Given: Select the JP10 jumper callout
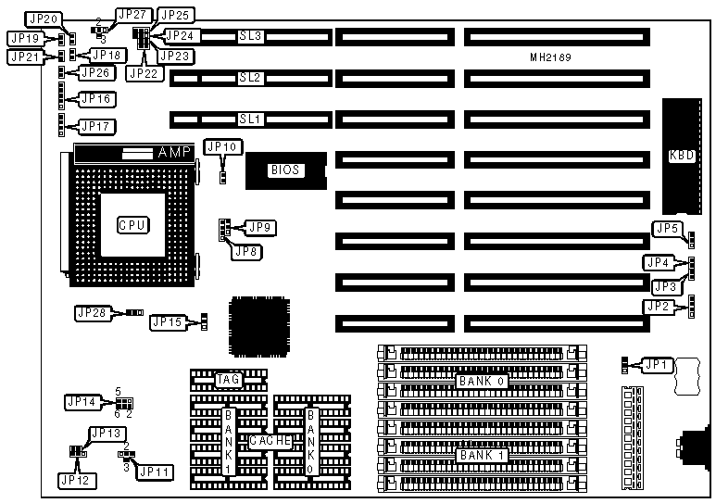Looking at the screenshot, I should [222, 146].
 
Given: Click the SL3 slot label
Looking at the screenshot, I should [250, 36].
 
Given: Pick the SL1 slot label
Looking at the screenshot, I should [250, 119].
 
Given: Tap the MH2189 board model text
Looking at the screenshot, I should [550, 57].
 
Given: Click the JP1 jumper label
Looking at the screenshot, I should [656, 365].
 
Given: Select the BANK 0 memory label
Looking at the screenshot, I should [482, 381].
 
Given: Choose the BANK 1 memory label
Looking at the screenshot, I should [482, 455].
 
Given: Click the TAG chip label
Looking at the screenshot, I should [228, 379].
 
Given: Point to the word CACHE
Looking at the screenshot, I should [270, 442].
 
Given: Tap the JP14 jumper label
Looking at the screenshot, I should [82, 402].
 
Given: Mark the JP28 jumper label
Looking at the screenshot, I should [92, 313].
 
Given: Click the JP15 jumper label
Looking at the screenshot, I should [167, 322].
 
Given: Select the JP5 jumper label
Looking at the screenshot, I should [667, 228].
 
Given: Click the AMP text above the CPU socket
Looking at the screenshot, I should [174, 152].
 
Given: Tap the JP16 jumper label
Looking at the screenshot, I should [96, 98].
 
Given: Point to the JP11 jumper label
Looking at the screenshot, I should [154, 471].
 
